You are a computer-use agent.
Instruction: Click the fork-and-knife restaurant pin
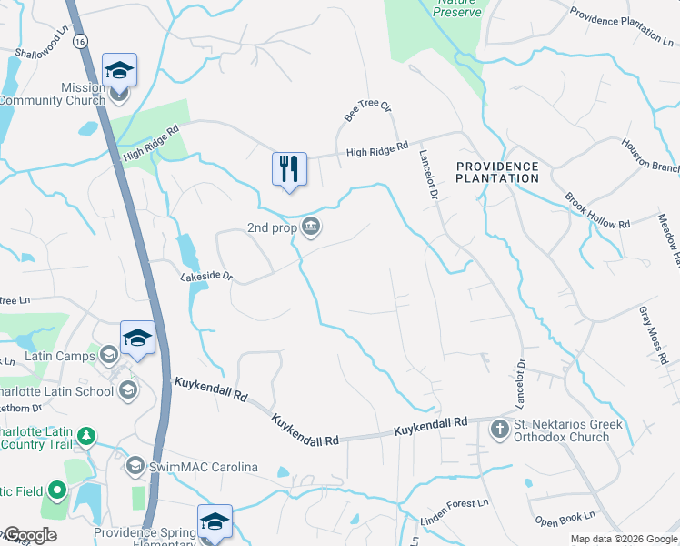pyautogui.click(x=289, y=169)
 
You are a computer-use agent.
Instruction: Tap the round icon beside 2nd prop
pyautogui.click(x=311, y=227)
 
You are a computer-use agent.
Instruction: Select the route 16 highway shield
pyautogui.click(x=81, y=42)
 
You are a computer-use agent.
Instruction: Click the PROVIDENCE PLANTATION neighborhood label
pyautogui.click(x=497, y=172)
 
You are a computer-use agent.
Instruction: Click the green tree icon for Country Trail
pyautogui.click(x=86, y=436)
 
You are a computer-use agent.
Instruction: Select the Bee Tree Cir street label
pyautogui.click(x=366, y=112)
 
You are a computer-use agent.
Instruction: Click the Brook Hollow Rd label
pyautogui.click(x=596, y=210)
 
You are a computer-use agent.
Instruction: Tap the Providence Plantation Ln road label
pyautogui.click(x=628, y=25)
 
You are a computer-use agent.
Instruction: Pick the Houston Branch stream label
pyautogui.click(x=650, y=156)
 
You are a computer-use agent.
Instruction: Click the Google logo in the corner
pyautogui.click(x=29, y=535)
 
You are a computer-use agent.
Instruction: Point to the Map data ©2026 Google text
pyautogui.click(x=623, y=539)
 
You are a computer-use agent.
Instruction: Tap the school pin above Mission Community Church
pyautogui.click(x=119, y=70)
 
